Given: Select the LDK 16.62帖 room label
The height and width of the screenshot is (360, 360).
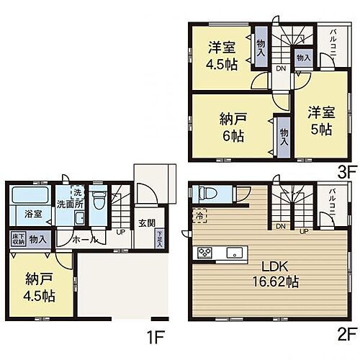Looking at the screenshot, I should coord(274,274).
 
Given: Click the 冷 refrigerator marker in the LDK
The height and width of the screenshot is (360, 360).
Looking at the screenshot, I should coord(198,214).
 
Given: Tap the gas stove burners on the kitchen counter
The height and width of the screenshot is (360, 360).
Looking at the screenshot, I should coord(204,252).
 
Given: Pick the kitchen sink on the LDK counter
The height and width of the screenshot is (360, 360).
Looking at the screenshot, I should coord(233,252).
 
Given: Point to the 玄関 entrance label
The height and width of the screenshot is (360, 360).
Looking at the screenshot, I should coord(146,223).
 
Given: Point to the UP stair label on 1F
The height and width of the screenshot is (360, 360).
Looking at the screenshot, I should coord(120,233).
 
